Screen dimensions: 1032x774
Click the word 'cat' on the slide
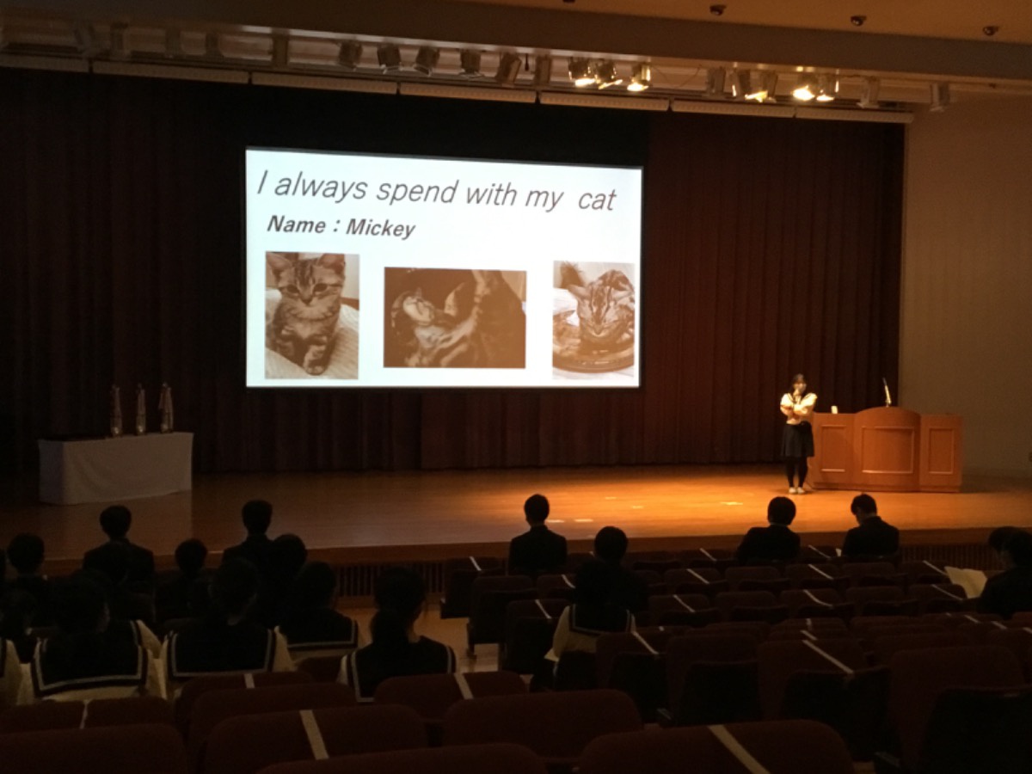(x=596, y=200)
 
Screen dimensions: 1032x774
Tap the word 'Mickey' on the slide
(x=381, y=228)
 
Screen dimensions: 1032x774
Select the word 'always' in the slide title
(x=321, y=186)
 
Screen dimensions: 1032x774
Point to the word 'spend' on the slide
(x=416, y=191)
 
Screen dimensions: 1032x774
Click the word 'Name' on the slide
(x=296, y=224)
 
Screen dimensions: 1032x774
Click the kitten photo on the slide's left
(x=312, y=316)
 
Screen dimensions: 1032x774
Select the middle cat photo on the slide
(x=455, y=317)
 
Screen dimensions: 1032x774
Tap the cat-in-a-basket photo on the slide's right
(x=593, y=320)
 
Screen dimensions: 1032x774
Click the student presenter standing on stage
(x=797, y=433)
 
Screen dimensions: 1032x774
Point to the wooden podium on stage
(x=885, y=450)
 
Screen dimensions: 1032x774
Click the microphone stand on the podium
(x=887, y=392)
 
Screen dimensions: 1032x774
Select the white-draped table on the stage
(x=115, y=468)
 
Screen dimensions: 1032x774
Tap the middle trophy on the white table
(x=140, y=408)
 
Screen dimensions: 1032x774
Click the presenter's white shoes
(x=797, y=490)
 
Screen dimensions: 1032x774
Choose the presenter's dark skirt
(x=797, y=440)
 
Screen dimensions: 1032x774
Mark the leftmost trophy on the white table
(x=115, y=410)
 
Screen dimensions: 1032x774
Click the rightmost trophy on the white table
(x=165, y=408)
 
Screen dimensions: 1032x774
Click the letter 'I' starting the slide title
(x=263, y=182)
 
